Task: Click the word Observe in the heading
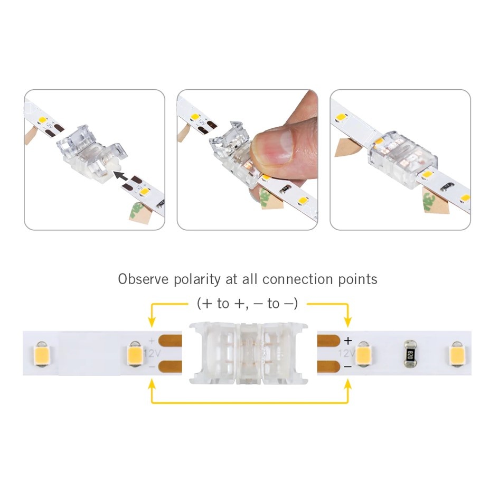point(144,279)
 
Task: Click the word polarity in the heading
point(197,280)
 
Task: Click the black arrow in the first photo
point(121,175)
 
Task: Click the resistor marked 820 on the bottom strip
point(410,353)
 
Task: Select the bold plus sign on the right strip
point(348,341)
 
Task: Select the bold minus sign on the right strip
point(348,366)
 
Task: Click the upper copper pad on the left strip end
point(170,341)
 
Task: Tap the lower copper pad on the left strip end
point(170,366)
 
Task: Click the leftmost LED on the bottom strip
point(41,354)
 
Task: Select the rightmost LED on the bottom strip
point(457,354)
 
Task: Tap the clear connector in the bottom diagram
point(249,353)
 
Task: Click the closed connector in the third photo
point(402,158)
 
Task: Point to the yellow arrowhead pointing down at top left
point(152,322)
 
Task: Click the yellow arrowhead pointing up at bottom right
point(348,384)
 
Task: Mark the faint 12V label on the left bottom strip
point(152,353)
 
